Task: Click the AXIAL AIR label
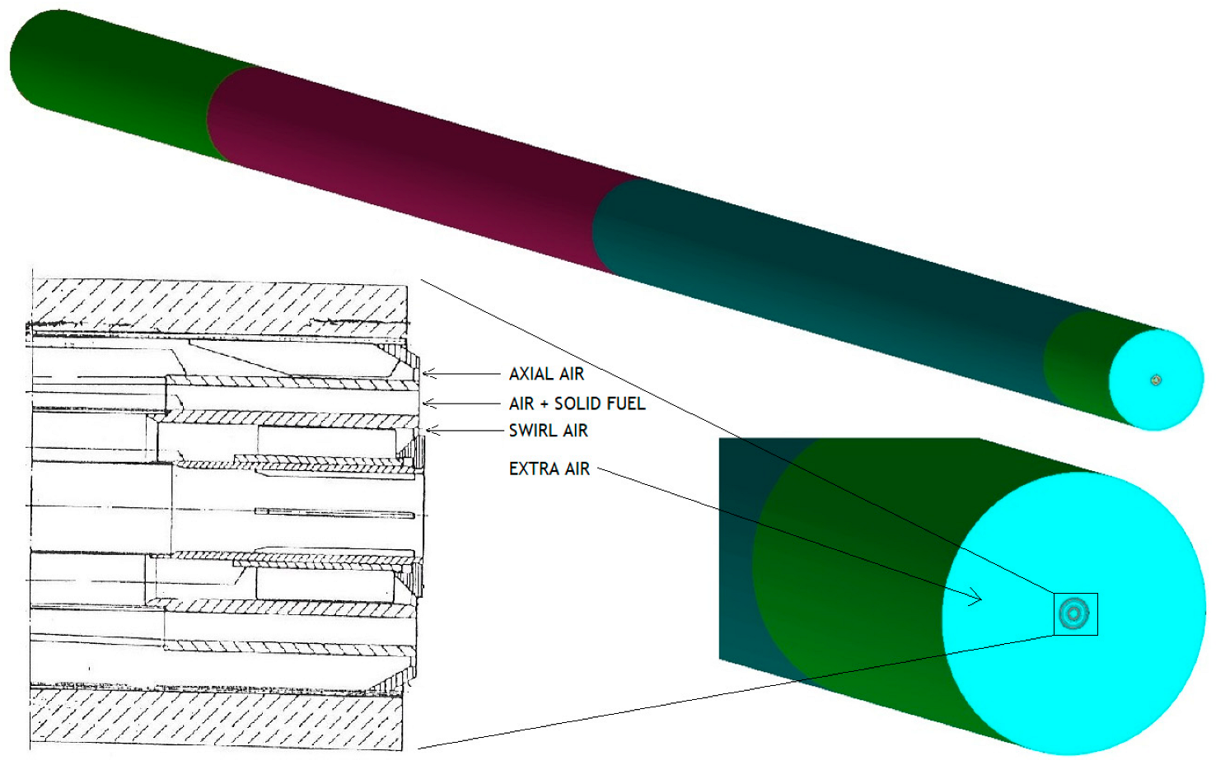click(546, 374)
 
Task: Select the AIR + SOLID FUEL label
click(577, 403)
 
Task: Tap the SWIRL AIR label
click(549, 431)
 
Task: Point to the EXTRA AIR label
click(549, 469)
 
